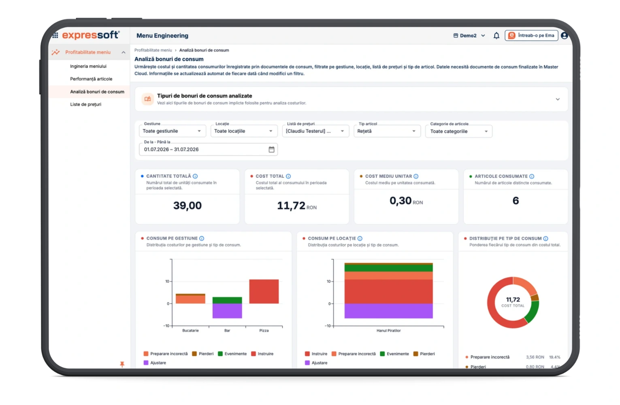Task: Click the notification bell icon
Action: click(496, 35)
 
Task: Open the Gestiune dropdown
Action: click(173, 131)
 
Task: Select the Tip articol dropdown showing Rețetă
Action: click(387, 131)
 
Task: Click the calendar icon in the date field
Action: click(271, 149)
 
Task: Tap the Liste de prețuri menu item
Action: click(85, 104)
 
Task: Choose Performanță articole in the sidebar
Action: click(91, 79)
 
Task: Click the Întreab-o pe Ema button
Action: click(531, 35)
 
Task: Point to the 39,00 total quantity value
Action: click(187, 205)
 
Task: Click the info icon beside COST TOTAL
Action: click(288, 176)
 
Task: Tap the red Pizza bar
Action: click(264, 292)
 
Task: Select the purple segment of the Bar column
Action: click(227, 311)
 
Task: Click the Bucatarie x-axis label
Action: click(190, 330)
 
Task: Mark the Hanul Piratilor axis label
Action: click(388, 330)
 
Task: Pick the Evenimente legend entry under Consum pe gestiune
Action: click(232, 354)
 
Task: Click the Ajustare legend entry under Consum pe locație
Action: click(316, 362)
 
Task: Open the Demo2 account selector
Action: click(469, 35)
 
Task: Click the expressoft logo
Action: click(91, 35)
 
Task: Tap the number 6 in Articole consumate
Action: click(516, 200)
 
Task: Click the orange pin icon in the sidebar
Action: click(122, 364)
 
